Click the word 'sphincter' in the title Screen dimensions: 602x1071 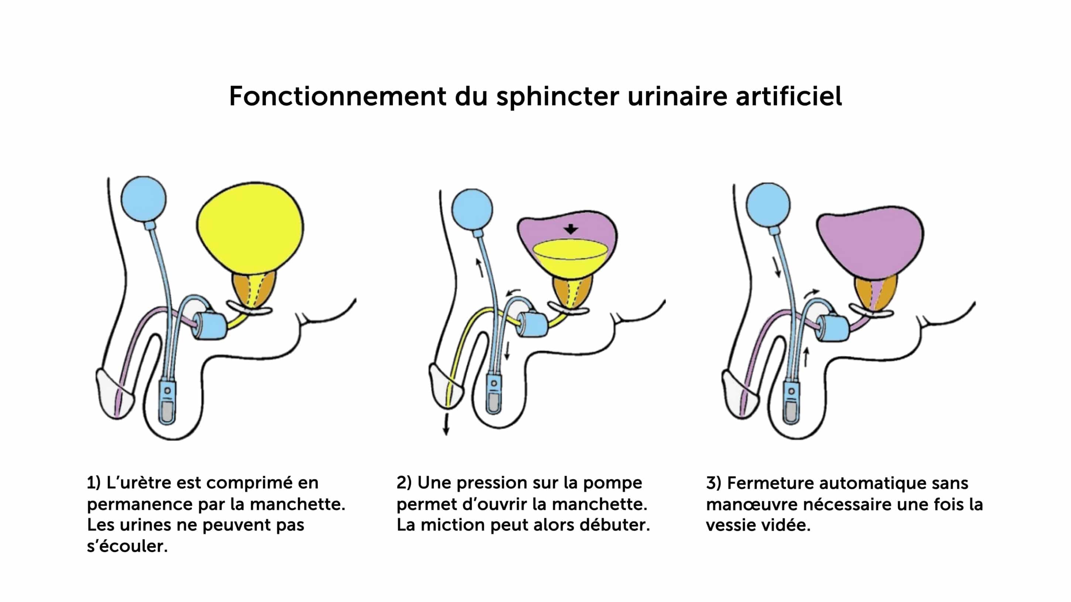point(558,97)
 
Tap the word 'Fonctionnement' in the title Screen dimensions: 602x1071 point(337,96)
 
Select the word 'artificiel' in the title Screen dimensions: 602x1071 point(789,96)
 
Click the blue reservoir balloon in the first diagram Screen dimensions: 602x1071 point(143,199)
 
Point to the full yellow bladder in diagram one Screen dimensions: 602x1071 point(250,226)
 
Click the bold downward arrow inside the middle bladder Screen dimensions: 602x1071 point(571,229)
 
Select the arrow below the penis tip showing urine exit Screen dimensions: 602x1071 point(446,424)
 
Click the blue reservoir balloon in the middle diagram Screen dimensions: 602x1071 point(472,209)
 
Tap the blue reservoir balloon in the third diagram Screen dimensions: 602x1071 point(767,205)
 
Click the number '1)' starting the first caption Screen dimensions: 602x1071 point(93,483)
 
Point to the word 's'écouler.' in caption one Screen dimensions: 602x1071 point(127,546)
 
